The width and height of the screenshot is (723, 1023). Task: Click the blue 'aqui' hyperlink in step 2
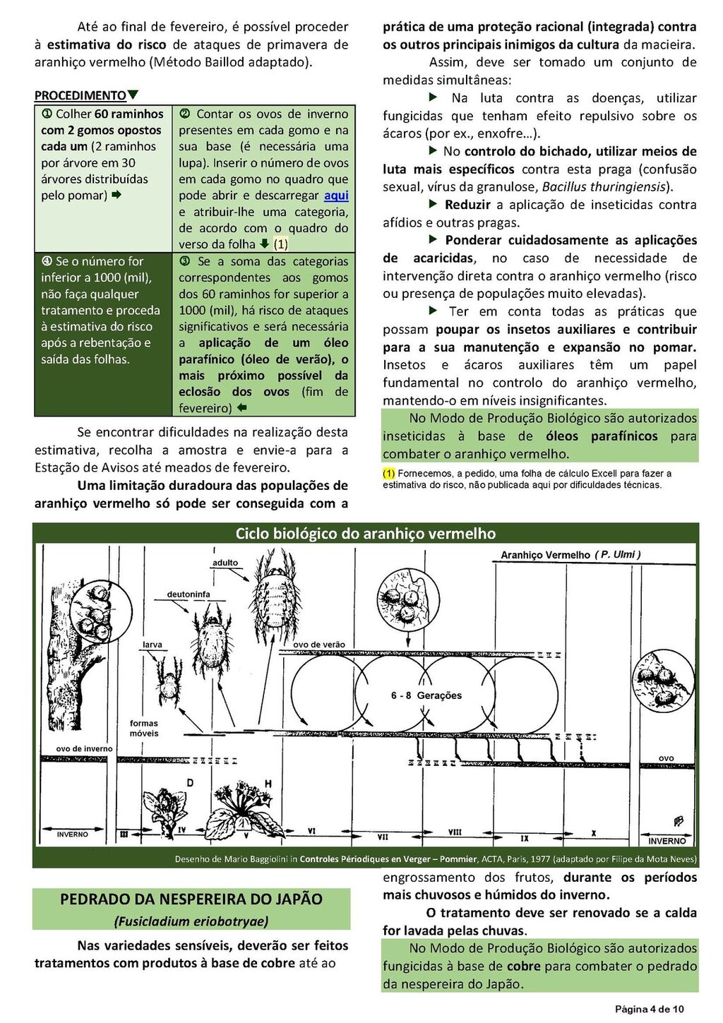pos(336,196)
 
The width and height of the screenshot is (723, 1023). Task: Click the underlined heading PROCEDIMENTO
pos(80,95)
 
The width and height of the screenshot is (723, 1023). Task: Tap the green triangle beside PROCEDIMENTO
pos(133,95)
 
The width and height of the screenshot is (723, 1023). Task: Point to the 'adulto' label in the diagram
pos(225,563)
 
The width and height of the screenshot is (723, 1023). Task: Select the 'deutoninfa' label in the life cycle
pos(189,594)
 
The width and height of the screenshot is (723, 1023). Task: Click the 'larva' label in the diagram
pos(153,645)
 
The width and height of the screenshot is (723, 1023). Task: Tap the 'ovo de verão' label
pos(319,645)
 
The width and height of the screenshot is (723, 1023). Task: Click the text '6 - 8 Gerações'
pos(426,695)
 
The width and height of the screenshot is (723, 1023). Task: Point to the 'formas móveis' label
pos(144,728)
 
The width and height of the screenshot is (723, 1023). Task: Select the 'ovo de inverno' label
pos(84,749)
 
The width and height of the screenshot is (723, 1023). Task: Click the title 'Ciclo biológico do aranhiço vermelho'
pos(366,534)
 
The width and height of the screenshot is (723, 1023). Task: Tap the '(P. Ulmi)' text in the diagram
pos(618,555)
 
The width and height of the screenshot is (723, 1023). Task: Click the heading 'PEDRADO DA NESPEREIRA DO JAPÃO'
pos(191,899)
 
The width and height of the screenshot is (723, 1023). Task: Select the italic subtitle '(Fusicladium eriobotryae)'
pos(191,921)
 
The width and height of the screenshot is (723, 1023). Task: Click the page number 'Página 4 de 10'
pos(649,1009)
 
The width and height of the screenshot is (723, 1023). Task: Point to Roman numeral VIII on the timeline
pos(455,833)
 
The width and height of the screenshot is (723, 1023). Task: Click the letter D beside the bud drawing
pos(190,783)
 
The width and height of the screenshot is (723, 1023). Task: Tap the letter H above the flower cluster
pos(268,783)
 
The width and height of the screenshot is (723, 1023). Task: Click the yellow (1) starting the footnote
pos(388,474)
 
